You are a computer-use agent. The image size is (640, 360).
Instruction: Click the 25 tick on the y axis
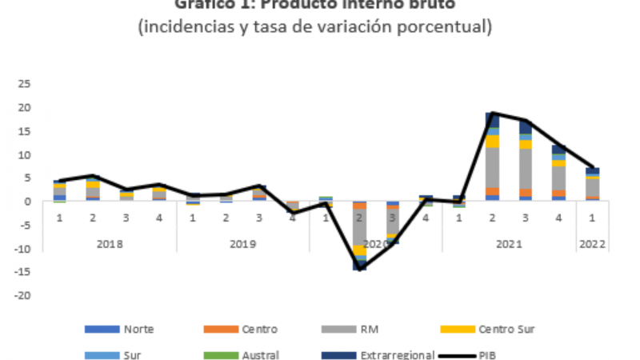tap(24, 84)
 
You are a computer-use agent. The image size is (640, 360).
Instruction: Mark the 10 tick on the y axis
tap(24, 154)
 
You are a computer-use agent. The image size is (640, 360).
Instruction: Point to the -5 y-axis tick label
tap(24, 225)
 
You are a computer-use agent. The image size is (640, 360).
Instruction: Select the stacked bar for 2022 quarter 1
tap(593, 185)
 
